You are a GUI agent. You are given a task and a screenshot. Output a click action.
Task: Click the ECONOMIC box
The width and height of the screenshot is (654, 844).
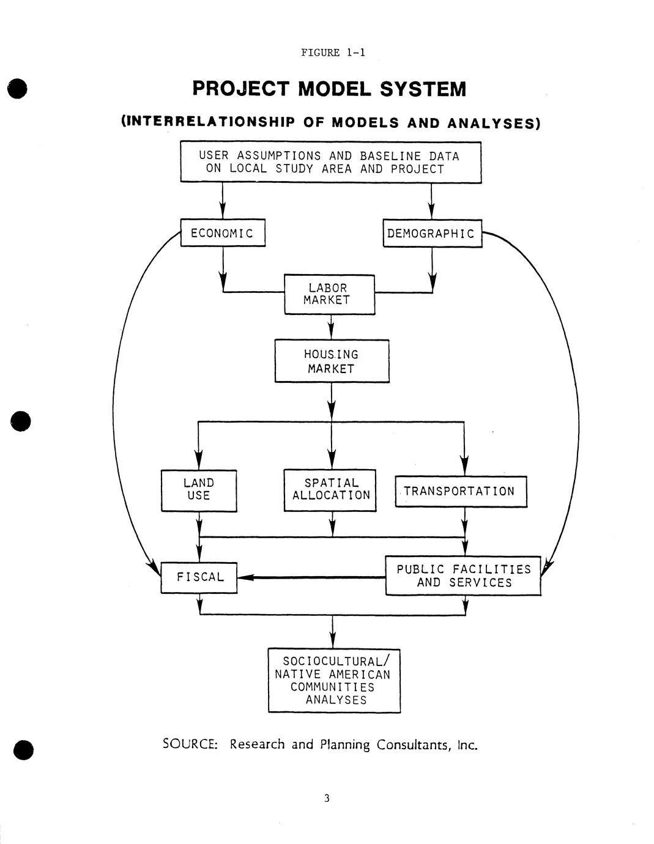223,233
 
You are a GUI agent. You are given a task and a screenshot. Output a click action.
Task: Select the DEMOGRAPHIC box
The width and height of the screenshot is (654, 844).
432,233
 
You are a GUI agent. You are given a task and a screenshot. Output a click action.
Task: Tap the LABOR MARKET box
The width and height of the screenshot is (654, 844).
329,294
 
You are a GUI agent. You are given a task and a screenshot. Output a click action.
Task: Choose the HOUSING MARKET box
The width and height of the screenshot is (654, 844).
332,361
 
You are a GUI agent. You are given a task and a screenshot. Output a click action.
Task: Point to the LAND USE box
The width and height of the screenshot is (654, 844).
199,490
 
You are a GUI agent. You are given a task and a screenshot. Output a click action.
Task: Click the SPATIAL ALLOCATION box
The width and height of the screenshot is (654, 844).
330,489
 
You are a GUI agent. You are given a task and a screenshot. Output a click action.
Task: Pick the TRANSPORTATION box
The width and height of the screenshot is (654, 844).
460,492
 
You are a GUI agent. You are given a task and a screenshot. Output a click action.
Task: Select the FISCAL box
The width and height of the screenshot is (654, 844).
199,577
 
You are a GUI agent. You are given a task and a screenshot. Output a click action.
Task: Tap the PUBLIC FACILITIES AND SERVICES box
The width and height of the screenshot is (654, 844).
463,576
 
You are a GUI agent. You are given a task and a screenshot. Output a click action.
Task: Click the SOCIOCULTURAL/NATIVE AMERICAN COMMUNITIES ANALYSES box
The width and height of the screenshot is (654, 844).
334,681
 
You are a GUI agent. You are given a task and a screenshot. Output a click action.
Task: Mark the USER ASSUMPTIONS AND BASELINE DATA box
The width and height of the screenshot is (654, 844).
330,162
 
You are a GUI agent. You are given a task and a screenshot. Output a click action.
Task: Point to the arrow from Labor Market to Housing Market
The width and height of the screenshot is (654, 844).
331,327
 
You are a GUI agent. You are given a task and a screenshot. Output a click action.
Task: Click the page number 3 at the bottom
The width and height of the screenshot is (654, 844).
327,798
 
